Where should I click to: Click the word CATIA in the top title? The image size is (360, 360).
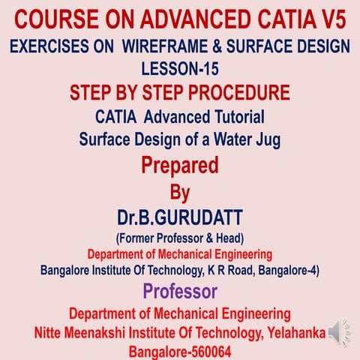click(x=285, y=19)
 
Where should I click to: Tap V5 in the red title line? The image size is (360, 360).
click(x=332, y=19)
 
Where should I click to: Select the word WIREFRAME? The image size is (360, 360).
click(x=165, y=46)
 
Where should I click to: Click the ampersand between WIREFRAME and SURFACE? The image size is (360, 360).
click(x=217, y=46)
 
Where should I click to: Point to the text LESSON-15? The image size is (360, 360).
click(x=180, y=69)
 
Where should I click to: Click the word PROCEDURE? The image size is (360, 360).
click(x=239, y=92)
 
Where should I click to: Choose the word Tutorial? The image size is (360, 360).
click(x=240, y=117)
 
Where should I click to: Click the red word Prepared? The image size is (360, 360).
click(x=180, y=166)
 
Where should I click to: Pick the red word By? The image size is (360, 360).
click(x=180, y=193)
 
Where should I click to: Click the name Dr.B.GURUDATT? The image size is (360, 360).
click(x=180, y=217)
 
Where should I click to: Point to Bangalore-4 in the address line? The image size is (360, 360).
click(x=289, y=270)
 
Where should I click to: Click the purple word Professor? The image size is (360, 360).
click(x=180, y=292)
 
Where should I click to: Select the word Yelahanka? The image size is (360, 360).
click(x=296, y=333)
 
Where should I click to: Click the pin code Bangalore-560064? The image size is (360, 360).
click(x=180, y=352)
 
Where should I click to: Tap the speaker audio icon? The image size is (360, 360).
click(x=340, y=333)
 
